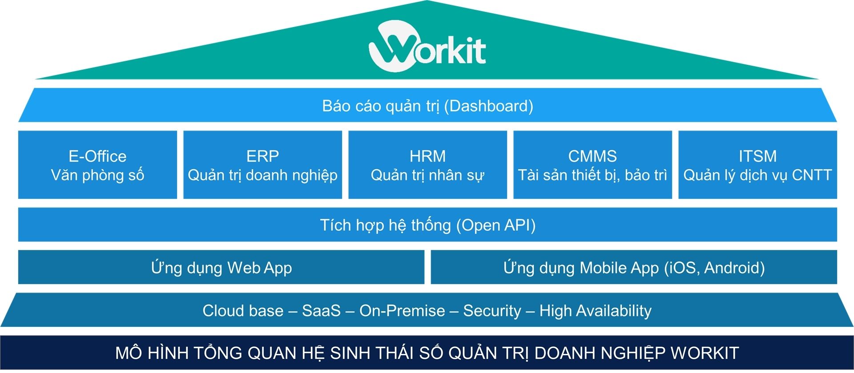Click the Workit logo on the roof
pos(427,47)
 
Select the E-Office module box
pos(97,165)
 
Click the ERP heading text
pos(262,156)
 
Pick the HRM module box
pos(427,165)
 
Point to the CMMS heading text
pos(592,156)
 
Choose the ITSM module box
pos(757,165)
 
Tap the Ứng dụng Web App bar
pos(221,268)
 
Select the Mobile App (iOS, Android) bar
pos(634,268)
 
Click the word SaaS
pos(321,311)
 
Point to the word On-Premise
pos(402,311)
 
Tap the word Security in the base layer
pos(492,311)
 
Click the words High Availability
pos(595,311)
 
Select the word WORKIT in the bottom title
pos(705,353)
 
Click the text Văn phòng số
pos(97,175)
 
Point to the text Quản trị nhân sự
pos(427,175)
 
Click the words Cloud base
pos(243,311)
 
